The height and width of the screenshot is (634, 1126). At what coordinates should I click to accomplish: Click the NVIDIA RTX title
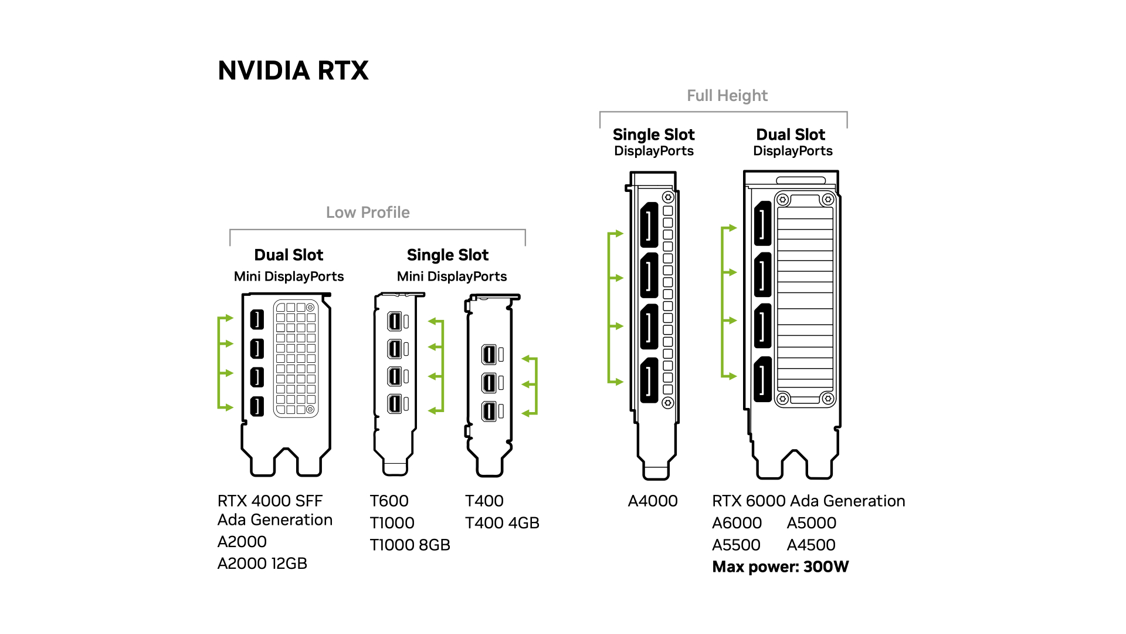point(293,71)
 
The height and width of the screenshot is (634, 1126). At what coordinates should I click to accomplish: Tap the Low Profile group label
point(368,213)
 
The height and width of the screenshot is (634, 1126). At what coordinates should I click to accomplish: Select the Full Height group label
point(727,96)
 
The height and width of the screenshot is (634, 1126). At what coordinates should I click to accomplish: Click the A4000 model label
point(653,501)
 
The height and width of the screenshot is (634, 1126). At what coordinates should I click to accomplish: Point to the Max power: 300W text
point(780,567)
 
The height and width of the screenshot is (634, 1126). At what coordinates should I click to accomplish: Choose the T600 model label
point(389,501)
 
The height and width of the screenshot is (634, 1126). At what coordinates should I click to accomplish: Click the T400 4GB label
point(502,523)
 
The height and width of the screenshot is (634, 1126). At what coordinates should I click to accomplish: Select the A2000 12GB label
point(262,564)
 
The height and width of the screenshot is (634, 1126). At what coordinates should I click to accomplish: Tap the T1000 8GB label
point(410,545)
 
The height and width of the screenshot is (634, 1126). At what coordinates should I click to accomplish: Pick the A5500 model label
point(736,545)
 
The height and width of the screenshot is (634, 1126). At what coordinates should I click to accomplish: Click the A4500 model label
point(811,545)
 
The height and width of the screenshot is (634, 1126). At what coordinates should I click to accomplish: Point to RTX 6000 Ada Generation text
point(808,501)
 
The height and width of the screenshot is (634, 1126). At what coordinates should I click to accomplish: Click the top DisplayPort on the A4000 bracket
point(649,225)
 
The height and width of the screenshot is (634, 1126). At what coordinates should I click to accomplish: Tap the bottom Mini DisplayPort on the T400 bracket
point(489,411)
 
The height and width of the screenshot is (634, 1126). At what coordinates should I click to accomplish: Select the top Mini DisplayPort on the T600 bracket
point(395,321)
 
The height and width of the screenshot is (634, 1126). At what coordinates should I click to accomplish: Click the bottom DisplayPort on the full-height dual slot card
point(762,379)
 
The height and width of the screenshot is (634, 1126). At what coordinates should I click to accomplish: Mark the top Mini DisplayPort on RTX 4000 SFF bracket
point(257,319)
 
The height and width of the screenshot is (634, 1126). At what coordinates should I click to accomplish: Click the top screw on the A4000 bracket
point(668,197)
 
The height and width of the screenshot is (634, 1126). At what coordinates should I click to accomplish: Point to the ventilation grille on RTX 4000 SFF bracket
point(296,358)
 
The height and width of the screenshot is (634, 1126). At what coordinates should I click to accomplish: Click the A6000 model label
point(737,523)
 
